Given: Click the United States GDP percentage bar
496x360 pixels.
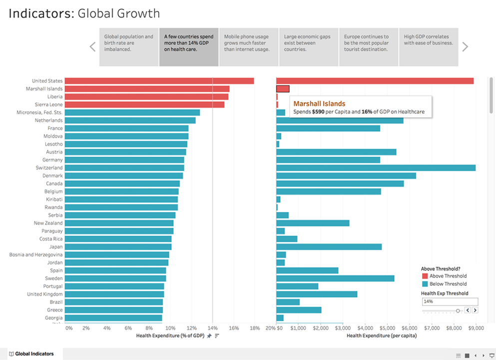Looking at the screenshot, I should click(159, 81).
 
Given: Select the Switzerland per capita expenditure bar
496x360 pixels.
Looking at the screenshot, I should click(376, 168).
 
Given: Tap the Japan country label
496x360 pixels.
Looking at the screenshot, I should click(56, 247).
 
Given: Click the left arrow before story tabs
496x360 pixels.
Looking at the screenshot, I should click(92, 47).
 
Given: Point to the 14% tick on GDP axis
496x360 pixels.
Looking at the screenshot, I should click(213, 328).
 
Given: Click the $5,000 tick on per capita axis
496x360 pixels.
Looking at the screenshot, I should click(387, 328).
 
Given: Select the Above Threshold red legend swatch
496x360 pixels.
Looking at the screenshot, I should click(425, 276).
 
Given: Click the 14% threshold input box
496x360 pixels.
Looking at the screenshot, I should click(450, 301).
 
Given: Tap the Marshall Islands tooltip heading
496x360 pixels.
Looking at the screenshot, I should click(319, 104).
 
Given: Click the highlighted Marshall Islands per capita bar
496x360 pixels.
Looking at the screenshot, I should click(283, 89).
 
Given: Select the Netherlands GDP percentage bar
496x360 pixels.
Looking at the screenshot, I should click(130, 120).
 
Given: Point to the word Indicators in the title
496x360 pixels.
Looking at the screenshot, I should click(41, 13).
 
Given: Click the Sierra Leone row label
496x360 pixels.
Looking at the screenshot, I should click(49, 104).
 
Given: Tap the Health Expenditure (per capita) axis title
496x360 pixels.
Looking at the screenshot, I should click(382, 336).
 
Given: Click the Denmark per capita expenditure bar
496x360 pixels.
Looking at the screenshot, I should click(346, 176).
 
